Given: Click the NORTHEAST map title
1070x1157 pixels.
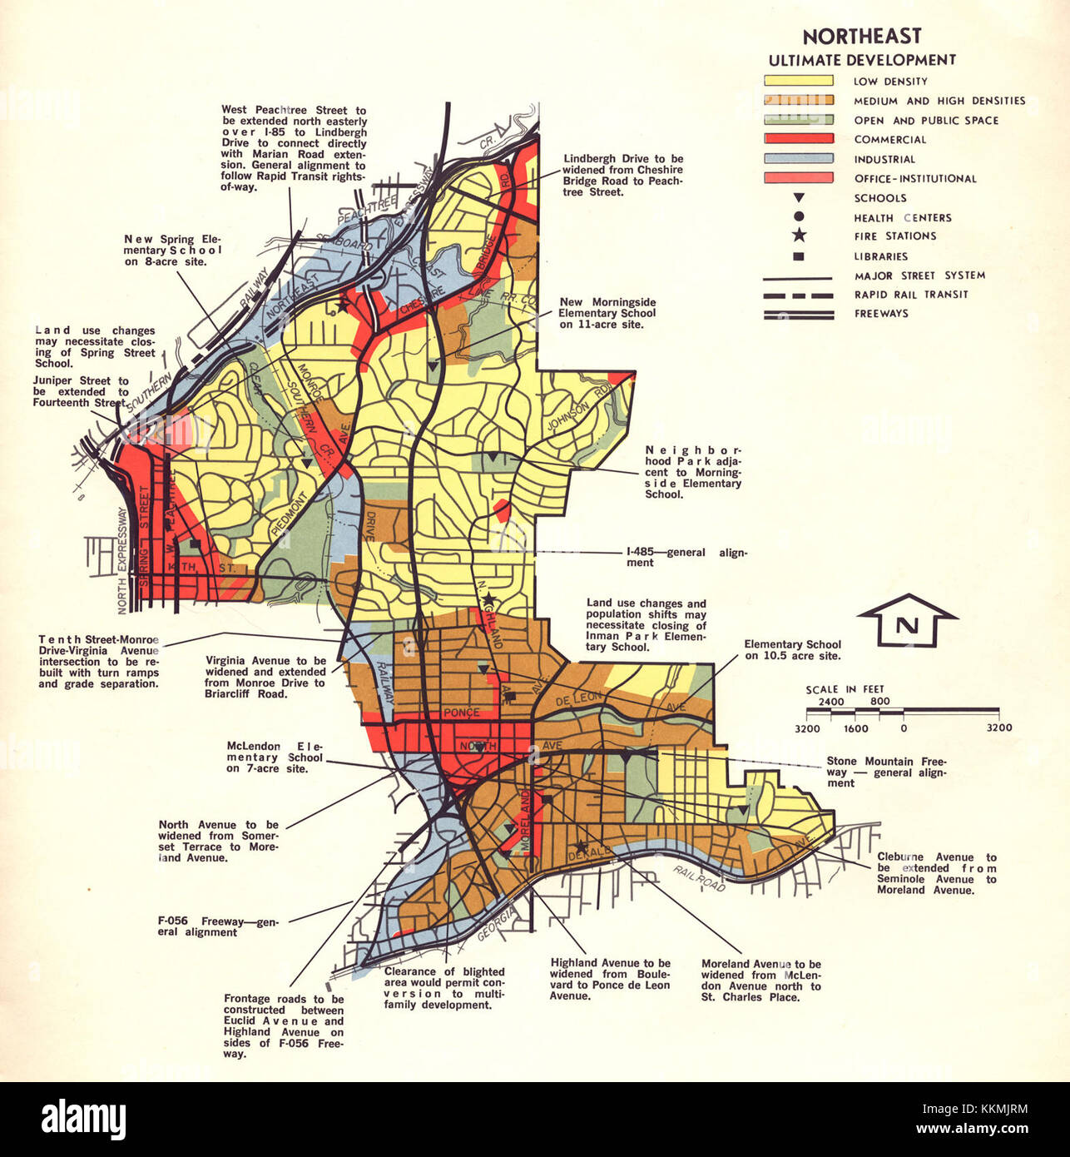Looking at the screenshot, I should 862,37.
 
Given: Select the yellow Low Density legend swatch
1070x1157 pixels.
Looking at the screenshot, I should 798,81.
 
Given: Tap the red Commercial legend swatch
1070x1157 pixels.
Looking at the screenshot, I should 798,139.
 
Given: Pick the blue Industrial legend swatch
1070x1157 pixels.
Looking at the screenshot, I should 798,158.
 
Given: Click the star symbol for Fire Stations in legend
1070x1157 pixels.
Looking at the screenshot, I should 799,236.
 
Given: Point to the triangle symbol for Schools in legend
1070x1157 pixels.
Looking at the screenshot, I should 799,198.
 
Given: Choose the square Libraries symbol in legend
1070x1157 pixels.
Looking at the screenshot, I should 799,256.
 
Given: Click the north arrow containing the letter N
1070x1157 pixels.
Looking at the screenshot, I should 907,623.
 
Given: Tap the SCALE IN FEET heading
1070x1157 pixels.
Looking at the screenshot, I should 845,689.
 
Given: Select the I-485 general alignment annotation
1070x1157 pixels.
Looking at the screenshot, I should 686,557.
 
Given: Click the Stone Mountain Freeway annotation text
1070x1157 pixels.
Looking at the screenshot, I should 885,772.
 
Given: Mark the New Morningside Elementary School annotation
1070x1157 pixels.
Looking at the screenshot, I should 607,313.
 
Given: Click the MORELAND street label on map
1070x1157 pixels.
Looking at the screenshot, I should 525,821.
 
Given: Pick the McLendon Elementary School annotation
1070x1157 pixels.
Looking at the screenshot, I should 274,757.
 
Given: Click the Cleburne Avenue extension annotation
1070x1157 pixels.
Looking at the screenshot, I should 936,873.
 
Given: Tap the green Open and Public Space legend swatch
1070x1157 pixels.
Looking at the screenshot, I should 798,120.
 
